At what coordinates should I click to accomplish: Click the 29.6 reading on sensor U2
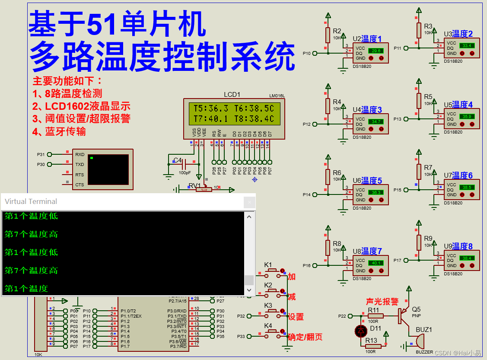coord(374,51)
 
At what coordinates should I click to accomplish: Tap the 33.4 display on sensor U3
coord(467,45)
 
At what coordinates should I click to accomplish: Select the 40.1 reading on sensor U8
coord(374,263)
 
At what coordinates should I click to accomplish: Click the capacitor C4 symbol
coord(185,164)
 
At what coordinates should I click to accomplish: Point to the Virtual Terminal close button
coord(249,202)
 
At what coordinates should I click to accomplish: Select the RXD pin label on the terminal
coord(80,154)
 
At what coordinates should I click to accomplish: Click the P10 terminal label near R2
coord(306,54)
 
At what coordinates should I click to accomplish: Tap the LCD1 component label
coord(232,95)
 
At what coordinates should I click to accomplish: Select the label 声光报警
coord(382,302)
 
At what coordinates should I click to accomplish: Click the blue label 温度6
coord(462,175)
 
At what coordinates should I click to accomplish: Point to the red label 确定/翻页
coord(305,337)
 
